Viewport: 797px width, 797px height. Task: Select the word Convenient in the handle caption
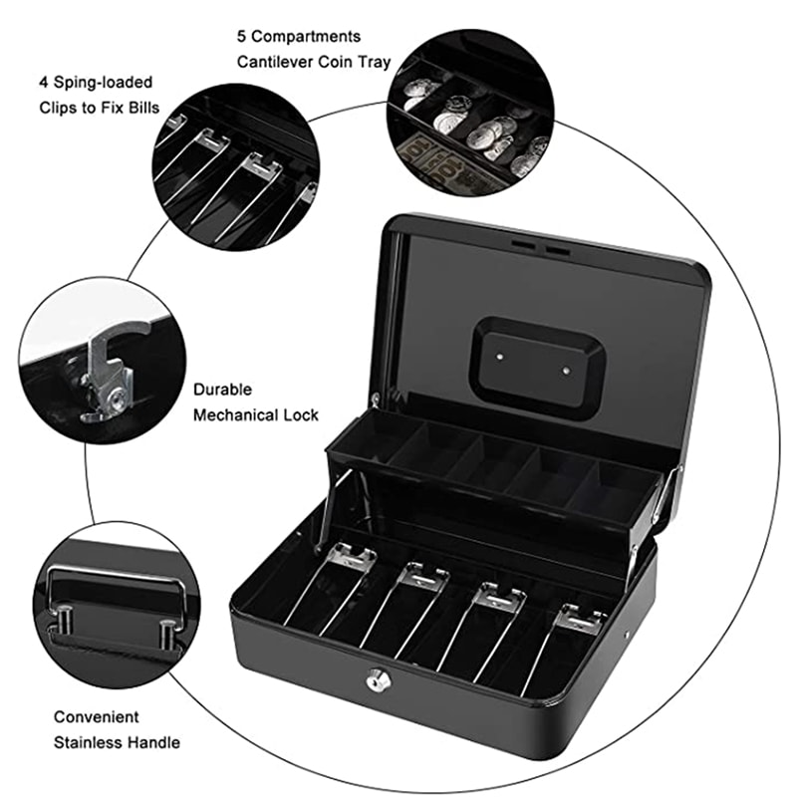97,716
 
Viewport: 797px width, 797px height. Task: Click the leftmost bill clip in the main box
351,558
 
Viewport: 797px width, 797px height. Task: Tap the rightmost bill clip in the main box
581,620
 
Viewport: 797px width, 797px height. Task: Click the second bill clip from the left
423,578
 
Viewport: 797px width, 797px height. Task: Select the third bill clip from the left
501,598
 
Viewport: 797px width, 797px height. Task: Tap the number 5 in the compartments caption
242,36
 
